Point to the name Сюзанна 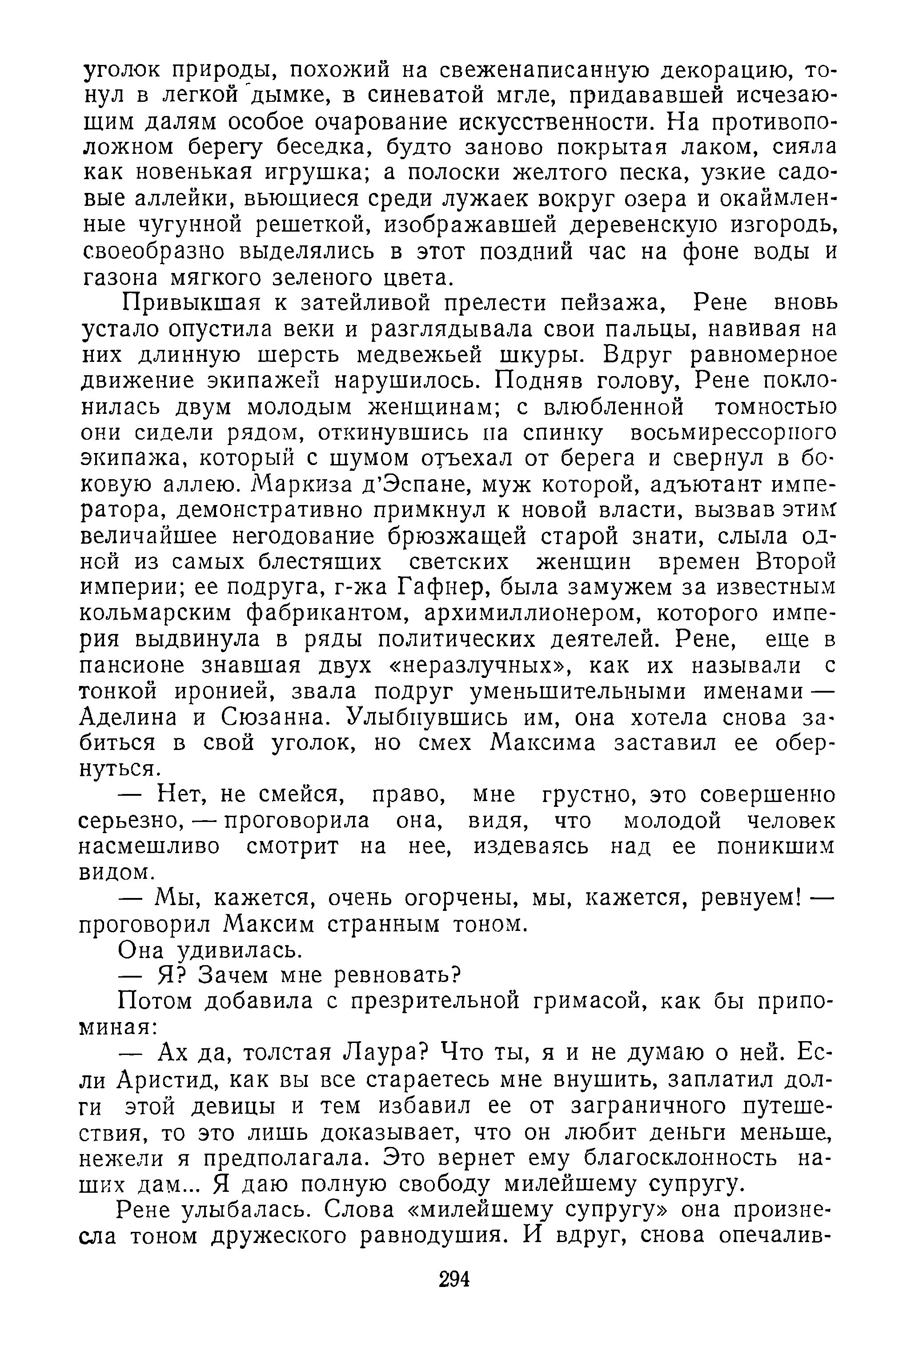[x=269, y=718]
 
